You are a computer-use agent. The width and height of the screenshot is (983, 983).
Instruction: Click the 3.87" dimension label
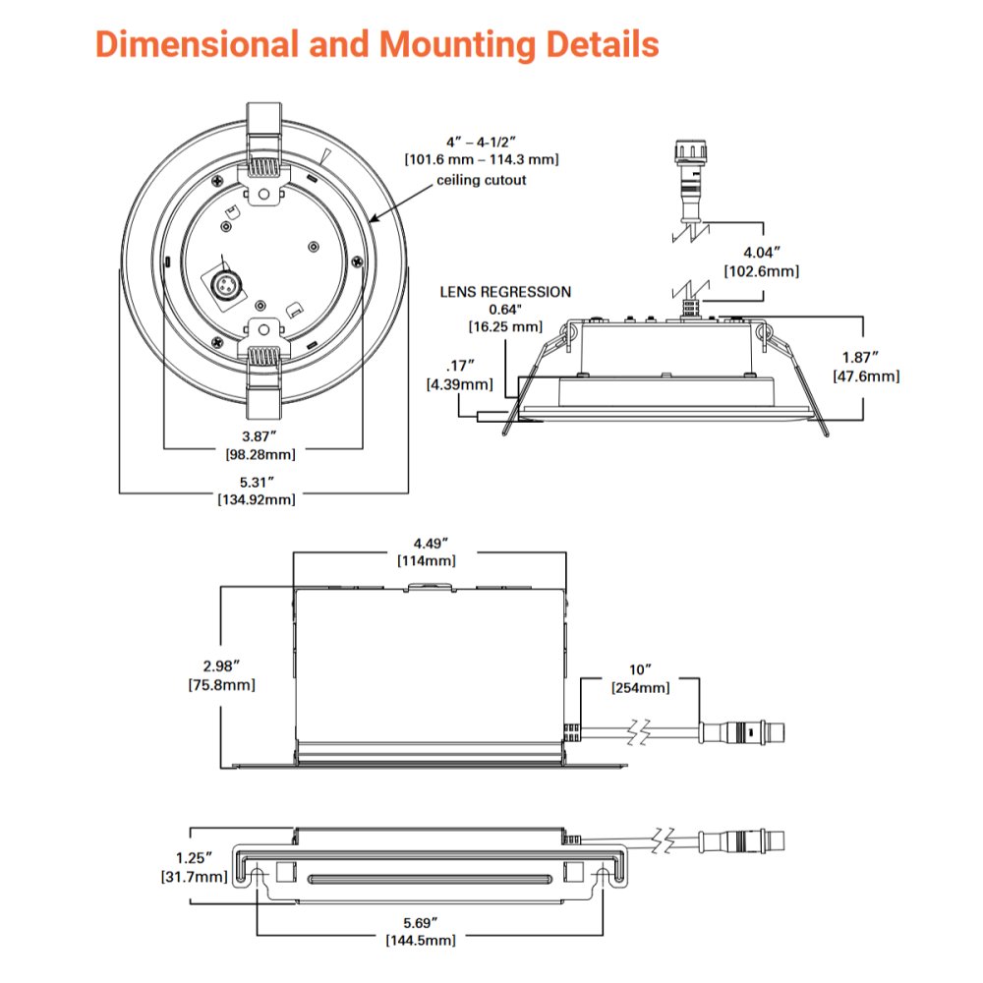(x=260, y=435)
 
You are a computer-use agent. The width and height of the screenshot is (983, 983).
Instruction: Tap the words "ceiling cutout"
(x=482, y=180)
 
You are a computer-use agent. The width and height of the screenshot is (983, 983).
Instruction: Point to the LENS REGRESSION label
(x=505, y=292)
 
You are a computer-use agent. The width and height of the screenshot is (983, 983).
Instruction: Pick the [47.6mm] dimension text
(x=865, y=376)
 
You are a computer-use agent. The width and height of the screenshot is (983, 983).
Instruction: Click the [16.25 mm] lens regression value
(x=504, y=325)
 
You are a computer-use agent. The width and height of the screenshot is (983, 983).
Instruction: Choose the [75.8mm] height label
(x=221, y=685)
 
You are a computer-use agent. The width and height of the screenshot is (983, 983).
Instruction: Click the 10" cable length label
(x=640, y=670)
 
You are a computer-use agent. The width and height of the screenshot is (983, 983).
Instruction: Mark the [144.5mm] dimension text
(x=421, y=941)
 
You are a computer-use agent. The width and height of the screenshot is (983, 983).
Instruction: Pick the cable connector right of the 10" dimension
(x=742, y=731)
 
